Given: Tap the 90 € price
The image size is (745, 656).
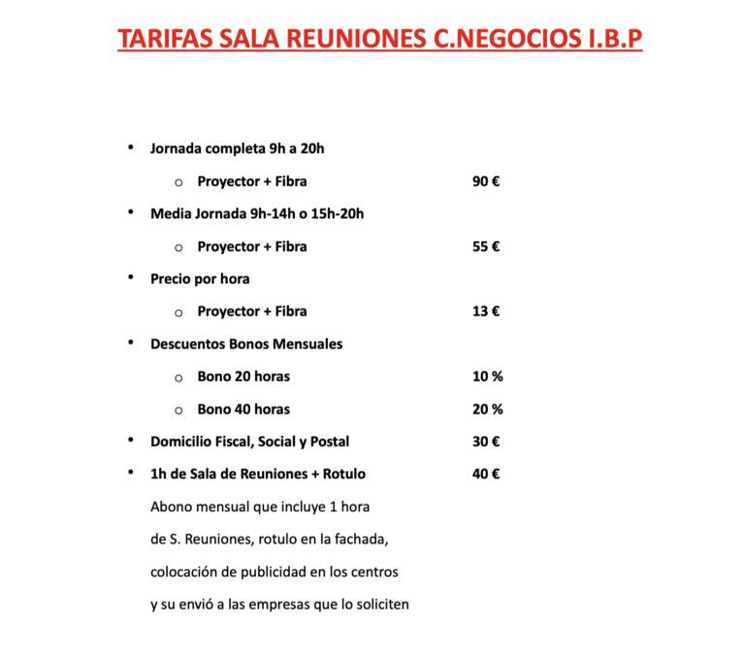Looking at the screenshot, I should pyautogui.click(x=486, y=181).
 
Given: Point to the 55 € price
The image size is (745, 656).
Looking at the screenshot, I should pyautogui.click(x=486, y=246).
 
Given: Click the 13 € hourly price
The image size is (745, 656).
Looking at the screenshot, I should pyautogui.click(x=486, y=312).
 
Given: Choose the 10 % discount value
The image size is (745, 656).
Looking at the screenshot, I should pyautogui.click(x=487, y=377).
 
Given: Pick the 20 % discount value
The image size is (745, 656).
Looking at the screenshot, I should pyautogui.click(x=487, y=410).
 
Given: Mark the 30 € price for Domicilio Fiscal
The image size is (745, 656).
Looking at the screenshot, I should pyautogui.click(x=486, y=442).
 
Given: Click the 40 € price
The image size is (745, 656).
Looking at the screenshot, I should pyautogui.click(x=486, y=475).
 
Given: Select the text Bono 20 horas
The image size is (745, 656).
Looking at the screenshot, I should pyautogui.click(x=243, y=377).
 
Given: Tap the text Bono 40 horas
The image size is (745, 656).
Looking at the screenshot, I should pyautogui.click(x=243, y=410).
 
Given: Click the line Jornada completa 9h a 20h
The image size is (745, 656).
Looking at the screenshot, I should pyautogui.click(x=237, y=148).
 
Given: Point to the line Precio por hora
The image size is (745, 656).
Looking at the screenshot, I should pyautogui.click(x=200, y=279).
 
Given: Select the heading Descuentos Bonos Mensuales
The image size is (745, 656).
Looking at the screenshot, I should pyautogui.click(x=246, y=344).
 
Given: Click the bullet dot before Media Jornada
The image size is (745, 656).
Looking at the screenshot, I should pyautogui.click(x=130, y=213).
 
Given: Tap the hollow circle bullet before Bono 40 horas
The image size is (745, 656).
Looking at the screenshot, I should pyautogui.click(x=178, y=410).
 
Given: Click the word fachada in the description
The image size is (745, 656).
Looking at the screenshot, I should pyautogui.click(x=363, y=540).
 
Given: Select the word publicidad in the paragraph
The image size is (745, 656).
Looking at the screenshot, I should pyautogui.click(x=262, y=573).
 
